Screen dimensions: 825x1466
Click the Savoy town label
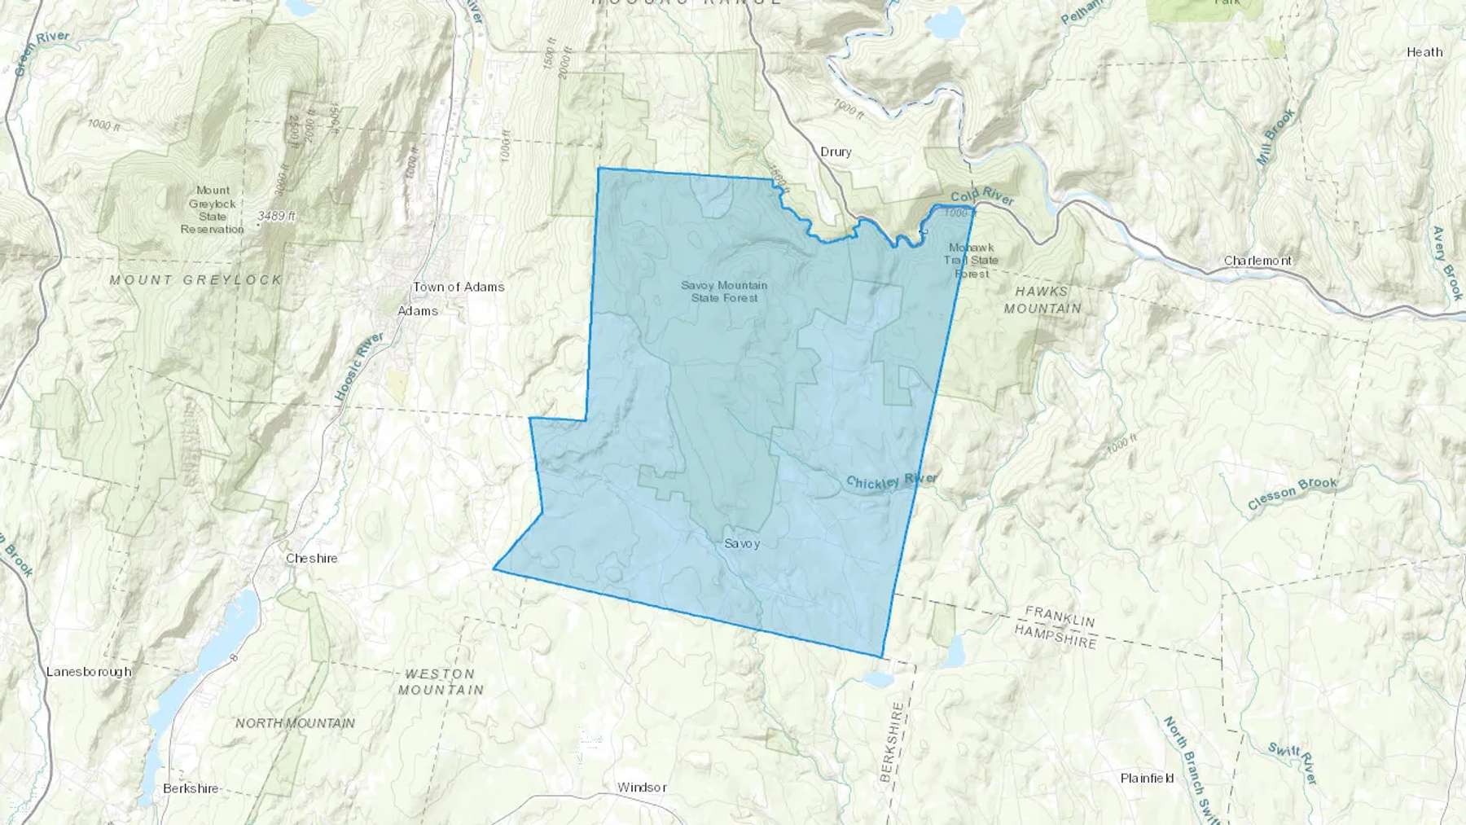pos(741,543)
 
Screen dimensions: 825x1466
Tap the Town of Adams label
pos(459,287)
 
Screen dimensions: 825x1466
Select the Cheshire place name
pos(311,558)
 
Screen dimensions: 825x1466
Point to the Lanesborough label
pos(89,671)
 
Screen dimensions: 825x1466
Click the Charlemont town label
pos(1258,261)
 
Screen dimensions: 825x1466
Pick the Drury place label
pos(836,151)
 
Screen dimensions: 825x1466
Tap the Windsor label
pos(642,787)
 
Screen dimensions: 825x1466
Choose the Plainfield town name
pos(1147,778)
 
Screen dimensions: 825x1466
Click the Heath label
pos(1424,52)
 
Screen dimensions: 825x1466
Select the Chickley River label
pos(891,481)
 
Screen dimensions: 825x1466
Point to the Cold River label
pos(982,195)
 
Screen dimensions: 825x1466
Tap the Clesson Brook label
pos(1292,493)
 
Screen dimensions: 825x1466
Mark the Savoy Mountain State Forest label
pos(724,292)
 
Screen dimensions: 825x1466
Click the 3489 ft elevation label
pos(277,216)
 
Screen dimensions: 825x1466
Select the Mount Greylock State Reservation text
pos(212,209)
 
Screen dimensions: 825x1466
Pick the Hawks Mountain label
pos(1042,300)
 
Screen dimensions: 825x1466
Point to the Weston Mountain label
pos(440,682)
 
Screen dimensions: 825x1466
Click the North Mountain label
pos(295,722)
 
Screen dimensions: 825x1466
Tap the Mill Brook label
pos(1275,138)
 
